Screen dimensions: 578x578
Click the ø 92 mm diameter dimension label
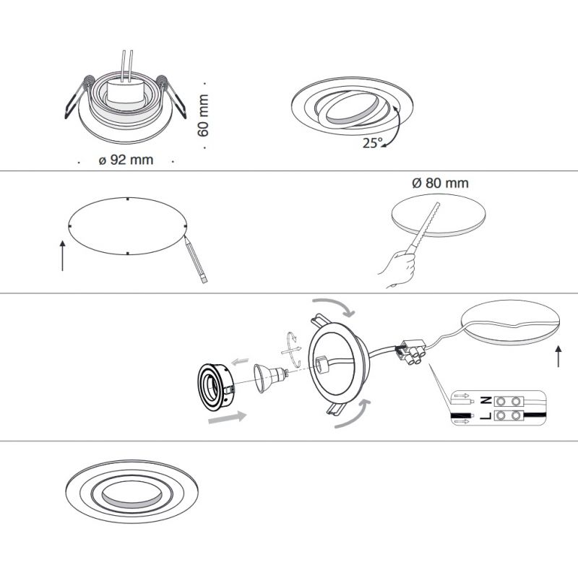[126, 160]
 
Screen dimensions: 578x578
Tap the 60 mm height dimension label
[203, 116]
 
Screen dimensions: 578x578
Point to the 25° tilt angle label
[373, 142]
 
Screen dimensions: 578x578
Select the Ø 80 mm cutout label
[440, 183]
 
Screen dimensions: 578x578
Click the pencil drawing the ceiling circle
[196, 259]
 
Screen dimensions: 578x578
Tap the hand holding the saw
[397, 268]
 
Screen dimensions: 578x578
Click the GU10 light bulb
[270, 377]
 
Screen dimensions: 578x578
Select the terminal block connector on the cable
[411, 352]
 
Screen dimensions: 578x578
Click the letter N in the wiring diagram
[486, 400]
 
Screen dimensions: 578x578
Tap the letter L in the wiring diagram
[486, 416]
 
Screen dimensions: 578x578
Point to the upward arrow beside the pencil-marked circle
[63, 256]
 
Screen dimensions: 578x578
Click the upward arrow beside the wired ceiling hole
[558, 356]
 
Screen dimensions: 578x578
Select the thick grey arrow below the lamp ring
[227, 418]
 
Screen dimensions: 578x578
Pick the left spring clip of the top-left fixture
[79, 97]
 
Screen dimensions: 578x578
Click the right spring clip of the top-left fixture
[171, 96]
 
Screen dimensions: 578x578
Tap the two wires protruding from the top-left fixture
[126, 66]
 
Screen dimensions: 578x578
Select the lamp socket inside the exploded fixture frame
[321, 363]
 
